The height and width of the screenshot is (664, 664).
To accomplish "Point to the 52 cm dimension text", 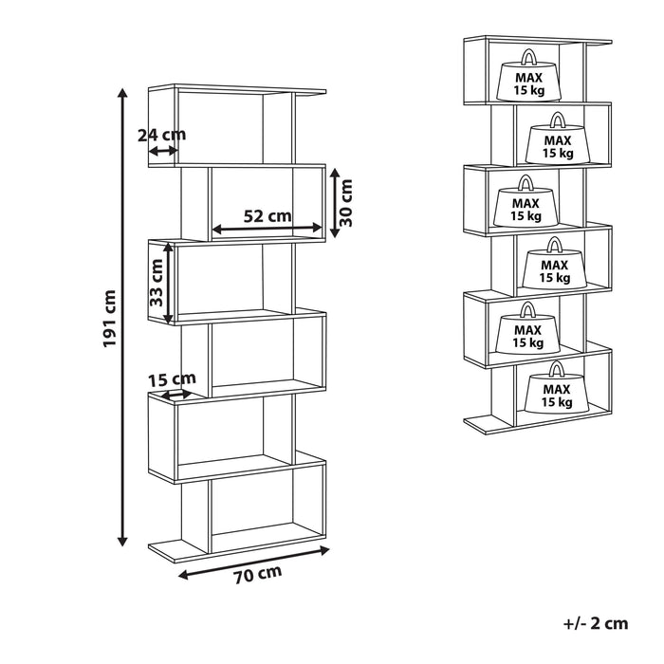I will [267, 215].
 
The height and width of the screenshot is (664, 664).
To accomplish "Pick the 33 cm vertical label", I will [157, 282].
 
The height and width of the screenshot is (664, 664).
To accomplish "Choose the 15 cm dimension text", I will [171, 380].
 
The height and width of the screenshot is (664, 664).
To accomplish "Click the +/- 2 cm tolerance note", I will [595, 623].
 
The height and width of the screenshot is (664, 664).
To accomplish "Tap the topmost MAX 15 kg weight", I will [527, 80].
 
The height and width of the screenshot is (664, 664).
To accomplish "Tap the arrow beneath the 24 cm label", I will [162, 150].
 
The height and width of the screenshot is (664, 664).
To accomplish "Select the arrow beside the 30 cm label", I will [333, 202].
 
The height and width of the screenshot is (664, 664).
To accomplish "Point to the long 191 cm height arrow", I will [121, 318].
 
